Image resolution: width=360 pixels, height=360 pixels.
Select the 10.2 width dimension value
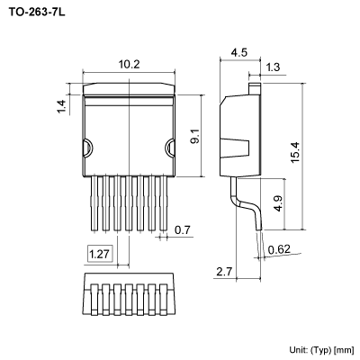(x=129, y=64)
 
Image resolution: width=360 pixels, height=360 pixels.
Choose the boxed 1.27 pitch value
(x=101, y=255)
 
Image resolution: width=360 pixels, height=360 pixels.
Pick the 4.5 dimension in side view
(x=238, y=52)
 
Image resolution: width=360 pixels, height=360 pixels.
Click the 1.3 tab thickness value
(x=273, y=67)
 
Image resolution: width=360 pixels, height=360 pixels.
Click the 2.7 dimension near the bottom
(x=224, y=270)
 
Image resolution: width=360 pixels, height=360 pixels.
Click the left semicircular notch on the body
(x=87, y=148)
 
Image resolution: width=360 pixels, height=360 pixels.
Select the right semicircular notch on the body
(x=170, y=148)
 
